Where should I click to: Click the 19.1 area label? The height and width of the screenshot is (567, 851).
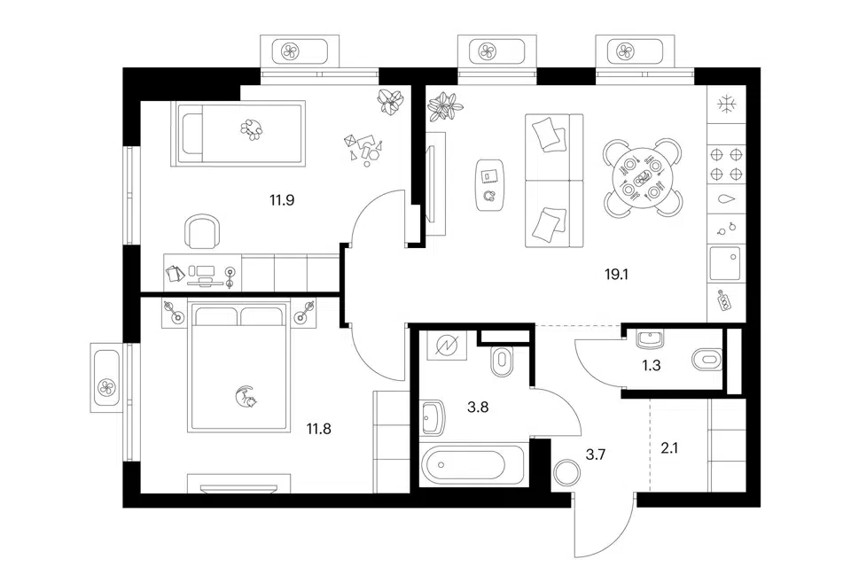coord(617,275)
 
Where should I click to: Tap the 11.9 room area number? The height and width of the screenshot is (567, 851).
coord(282,200)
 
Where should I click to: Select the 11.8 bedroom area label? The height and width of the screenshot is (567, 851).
coord(318,429)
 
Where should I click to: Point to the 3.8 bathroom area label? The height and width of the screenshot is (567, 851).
coord(478,407)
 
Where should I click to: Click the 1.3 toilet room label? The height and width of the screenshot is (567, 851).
coord(652,366)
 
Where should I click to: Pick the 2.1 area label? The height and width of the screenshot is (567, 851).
coord(669,448)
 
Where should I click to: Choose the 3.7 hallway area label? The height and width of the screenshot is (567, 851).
coord(596,454)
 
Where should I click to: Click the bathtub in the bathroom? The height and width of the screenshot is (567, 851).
coord(463,465)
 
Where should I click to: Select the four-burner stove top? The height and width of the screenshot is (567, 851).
coord(727,165)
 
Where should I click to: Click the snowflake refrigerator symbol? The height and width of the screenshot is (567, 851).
coord(726,105)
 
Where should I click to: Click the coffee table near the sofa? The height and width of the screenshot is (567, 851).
coord(490,184)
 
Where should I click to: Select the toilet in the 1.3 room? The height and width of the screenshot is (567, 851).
coord(707,359)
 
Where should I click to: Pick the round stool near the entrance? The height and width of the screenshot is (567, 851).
coord(567,472)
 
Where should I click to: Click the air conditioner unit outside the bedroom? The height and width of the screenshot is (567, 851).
coord(105,377)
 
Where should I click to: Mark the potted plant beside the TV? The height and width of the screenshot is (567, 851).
coord(445,105)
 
